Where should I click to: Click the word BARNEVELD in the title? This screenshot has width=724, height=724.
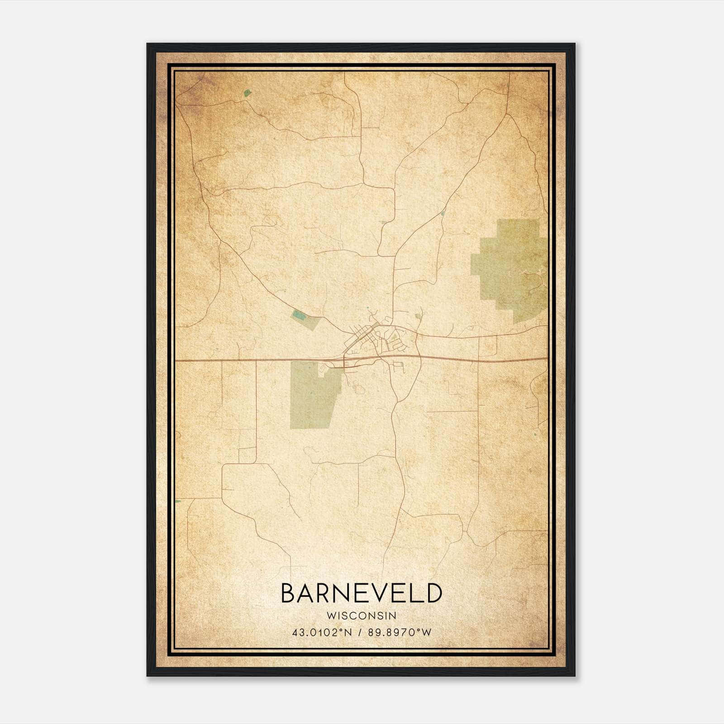[361, 593]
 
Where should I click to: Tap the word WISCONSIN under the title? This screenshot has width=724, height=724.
[361, 616]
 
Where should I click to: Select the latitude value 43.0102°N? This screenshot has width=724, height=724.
[322, 633]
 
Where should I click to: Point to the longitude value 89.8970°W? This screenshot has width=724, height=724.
[399, 633]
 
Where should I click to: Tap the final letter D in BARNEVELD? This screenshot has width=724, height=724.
[433, 593]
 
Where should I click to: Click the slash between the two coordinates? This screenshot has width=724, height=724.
[360, 633]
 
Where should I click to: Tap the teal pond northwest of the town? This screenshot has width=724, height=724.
[297, 314]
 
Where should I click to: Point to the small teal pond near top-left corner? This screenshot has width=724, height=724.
[247, 93]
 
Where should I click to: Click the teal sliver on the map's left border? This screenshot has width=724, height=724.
[178, 501]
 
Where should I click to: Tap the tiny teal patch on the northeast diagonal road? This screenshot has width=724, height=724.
[443, 212]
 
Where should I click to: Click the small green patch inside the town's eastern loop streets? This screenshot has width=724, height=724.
[394, 337]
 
